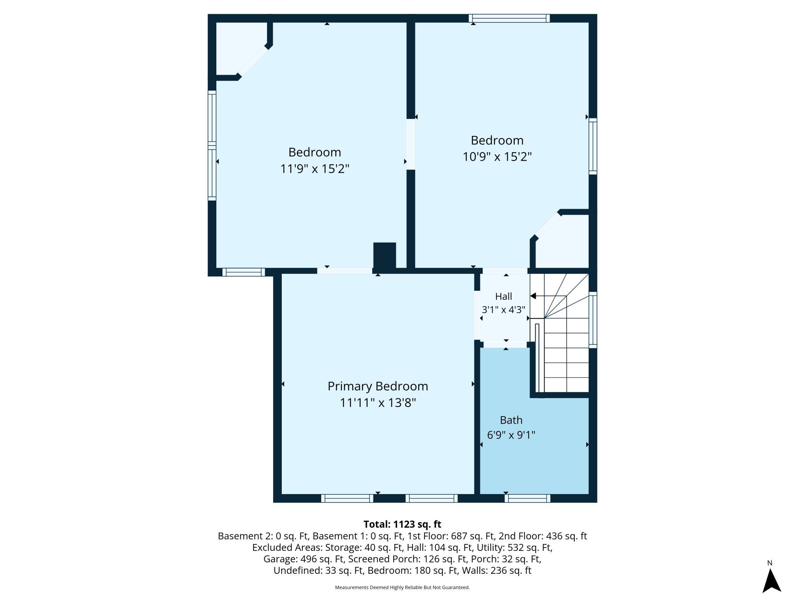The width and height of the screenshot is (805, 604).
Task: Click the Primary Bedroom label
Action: [378, 386]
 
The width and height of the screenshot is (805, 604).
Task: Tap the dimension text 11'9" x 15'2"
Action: [315, 169]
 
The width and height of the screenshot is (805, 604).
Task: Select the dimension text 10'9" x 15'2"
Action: [497, 157]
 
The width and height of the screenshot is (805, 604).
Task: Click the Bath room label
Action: [511, 420]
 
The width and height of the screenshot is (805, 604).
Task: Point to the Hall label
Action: [504, 297]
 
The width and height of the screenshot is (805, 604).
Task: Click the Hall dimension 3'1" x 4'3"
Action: [504, 310]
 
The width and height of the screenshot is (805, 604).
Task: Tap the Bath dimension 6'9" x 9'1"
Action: [511, 435]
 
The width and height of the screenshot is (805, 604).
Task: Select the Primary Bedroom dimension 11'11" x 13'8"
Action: [378, 403]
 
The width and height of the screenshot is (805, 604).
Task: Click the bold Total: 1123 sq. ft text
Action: [402, 524]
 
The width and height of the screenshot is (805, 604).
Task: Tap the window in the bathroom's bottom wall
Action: [528, 499]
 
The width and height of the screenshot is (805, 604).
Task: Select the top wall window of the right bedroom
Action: [509, 18]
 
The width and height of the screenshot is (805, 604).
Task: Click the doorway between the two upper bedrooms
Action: [411, 144]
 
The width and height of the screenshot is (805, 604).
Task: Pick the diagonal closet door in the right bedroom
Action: [547, 225]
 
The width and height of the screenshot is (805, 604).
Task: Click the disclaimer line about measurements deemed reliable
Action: [402, 587]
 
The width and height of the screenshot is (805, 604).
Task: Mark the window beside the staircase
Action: [593, 320]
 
